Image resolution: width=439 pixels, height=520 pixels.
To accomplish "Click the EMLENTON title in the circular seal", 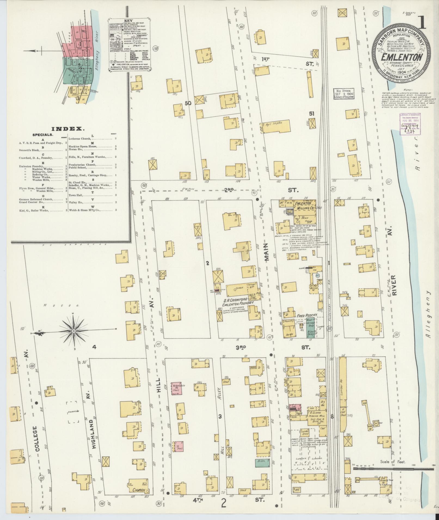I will pyautogui.click(x=401, y=57).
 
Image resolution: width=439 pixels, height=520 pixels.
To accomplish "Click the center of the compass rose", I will pyautogui.click(x=74, y=331).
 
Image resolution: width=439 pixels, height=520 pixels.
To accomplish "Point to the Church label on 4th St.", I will pyautogui.click(x=138, y=490).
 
